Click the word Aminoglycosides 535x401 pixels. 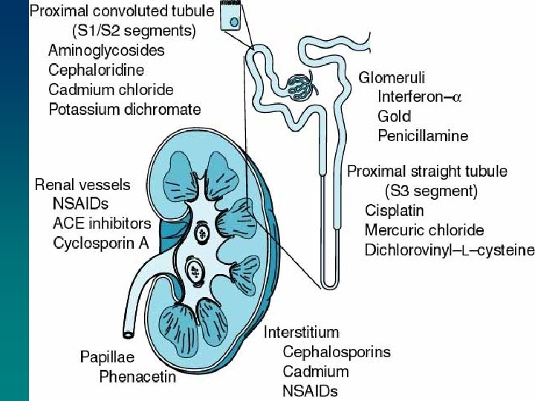(106, 50)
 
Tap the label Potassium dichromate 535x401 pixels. (124, 109)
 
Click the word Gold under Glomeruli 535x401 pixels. (394, 116)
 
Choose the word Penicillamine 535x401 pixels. (422, 136)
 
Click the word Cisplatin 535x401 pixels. (394, 210)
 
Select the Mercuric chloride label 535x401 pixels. (424, 230)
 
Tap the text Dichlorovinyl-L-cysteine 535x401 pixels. (449, 250)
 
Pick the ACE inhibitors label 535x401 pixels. (102, 224)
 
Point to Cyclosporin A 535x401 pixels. (101, 243)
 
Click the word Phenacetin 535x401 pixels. (137, 376)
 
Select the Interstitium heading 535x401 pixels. (301, 332)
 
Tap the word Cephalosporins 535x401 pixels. (337, 352)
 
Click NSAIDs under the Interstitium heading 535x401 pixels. (310, 391)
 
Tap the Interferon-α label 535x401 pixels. (420, 97)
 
